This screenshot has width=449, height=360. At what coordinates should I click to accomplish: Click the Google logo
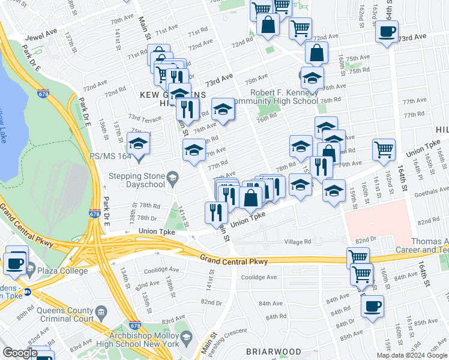(19, 353)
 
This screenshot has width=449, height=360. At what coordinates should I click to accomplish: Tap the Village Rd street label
(298, 242)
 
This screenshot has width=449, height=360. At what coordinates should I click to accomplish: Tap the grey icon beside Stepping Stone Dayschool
(172, 176)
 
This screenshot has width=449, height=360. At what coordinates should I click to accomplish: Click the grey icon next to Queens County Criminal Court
(101, 312)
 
